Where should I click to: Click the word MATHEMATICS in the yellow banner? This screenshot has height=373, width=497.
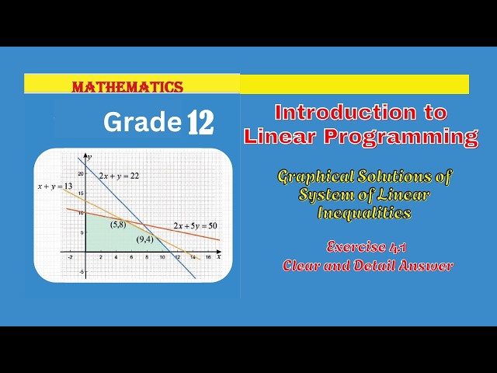click(127, 88)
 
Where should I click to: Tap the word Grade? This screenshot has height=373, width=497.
click(141, 122)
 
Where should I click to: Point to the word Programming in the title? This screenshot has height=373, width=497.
click(401, 137)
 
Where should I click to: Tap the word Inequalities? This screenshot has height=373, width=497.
click(365, 212)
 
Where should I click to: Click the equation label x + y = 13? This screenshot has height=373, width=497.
click(54, 186)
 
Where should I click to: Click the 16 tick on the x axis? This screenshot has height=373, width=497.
click(207, 257)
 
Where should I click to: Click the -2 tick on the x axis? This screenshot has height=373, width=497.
click(70, 257)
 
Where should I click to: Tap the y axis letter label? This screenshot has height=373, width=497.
click(89, 158)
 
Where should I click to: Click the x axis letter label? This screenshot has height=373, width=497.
click(220, 256)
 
